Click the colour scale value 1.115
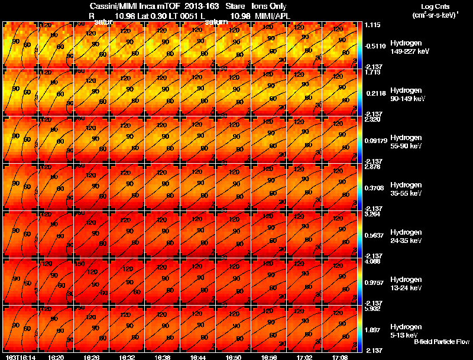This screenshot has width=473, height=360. pos(372,25)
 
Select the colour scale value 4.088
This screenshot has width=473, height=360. pos(372,261)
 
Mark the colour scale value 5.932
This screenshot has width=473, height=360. pos(372,308)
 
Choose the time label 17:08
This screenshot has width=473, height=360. pos(339,357)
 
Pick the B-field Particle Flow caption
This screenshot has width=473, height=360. pos(441,342)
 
